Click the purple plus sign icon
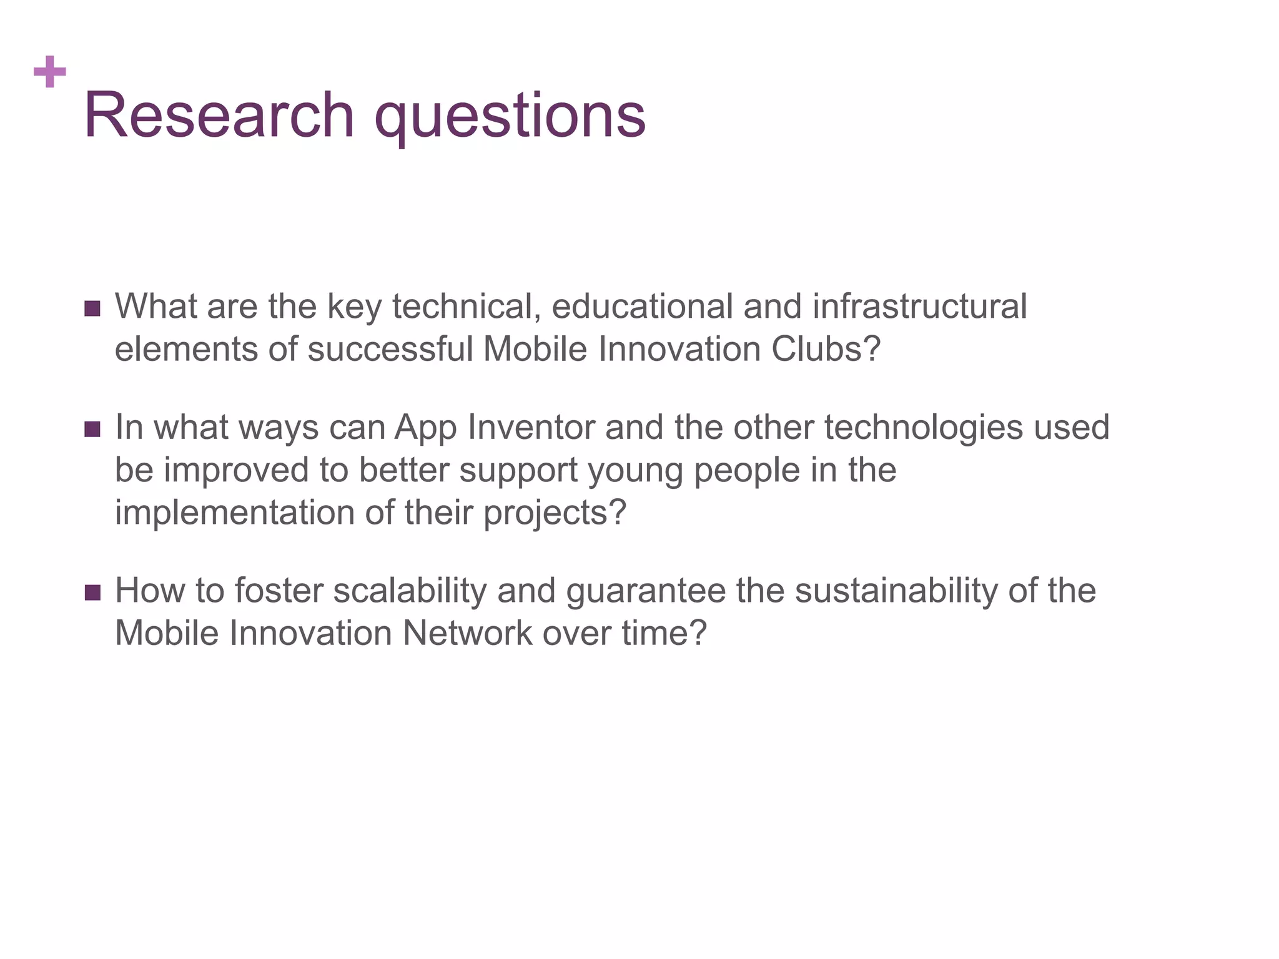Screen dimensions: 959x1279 click(x=50, y=72)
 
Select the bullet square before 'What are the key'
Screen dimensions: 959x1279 click(x=92, y=308)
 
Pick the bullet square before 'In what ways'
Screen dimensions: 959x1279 click(x=92, y=429)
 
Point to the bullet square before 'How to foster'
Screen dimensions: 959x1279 click(x=92, y=593)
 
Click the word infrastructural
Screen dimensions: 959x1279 click(x=919, y=307)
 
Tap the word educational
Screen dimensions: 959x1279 click(x=641, y=307)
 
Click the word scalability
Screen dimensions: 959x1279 click(x=410, y=591)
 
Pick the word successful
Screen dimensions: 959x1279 click(x=390, y=349)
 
